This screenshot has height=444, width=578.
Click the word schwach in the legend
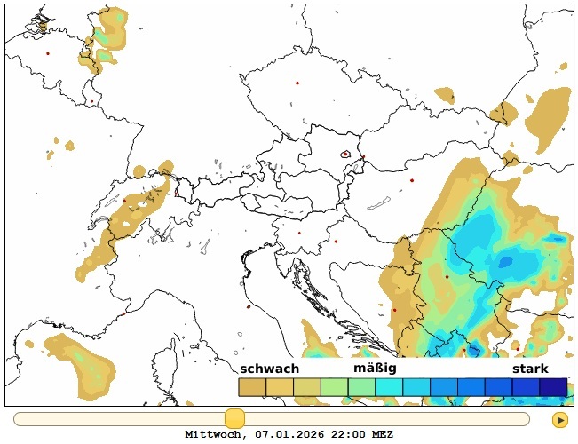click(x=269, y=369)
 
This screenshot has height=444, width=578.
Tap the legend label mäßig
click(x=375, y=368)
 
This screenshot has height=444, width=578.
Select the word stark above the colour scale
click(x=530, y=369)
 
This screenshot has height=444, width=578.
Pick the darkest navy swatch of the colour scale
click(x=553, y=387)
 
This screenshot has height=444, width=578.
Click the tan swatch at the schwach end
click(x=252, y=387)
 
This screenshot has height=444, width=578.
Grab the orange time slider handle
click(x=234, y=419)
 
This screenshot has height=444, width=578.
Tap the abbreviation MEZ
click(x=382, y=435)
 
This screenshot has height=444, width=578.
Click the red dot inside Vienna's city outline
click(x=345, y=154)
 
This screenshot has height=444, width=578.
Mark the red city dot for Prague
click(x=297, y=83)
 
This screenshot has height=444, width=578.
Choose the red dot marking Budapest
click(x=412, y=180)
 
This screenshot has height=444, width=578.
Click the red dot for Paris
click(x=48, y=53)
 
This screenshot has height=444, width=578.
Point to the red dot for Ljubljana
click(x=299, y=233)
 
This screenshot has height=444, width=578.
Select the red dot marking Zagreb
click(x=336, y=241)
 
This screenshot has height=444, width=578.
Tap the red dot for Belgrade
click(x=447, y=276)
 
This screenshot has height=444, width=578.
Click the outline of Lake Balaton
click(x=380, y=203)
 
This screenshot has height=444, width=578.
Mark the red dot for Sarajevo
click(x=394, y=310)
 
